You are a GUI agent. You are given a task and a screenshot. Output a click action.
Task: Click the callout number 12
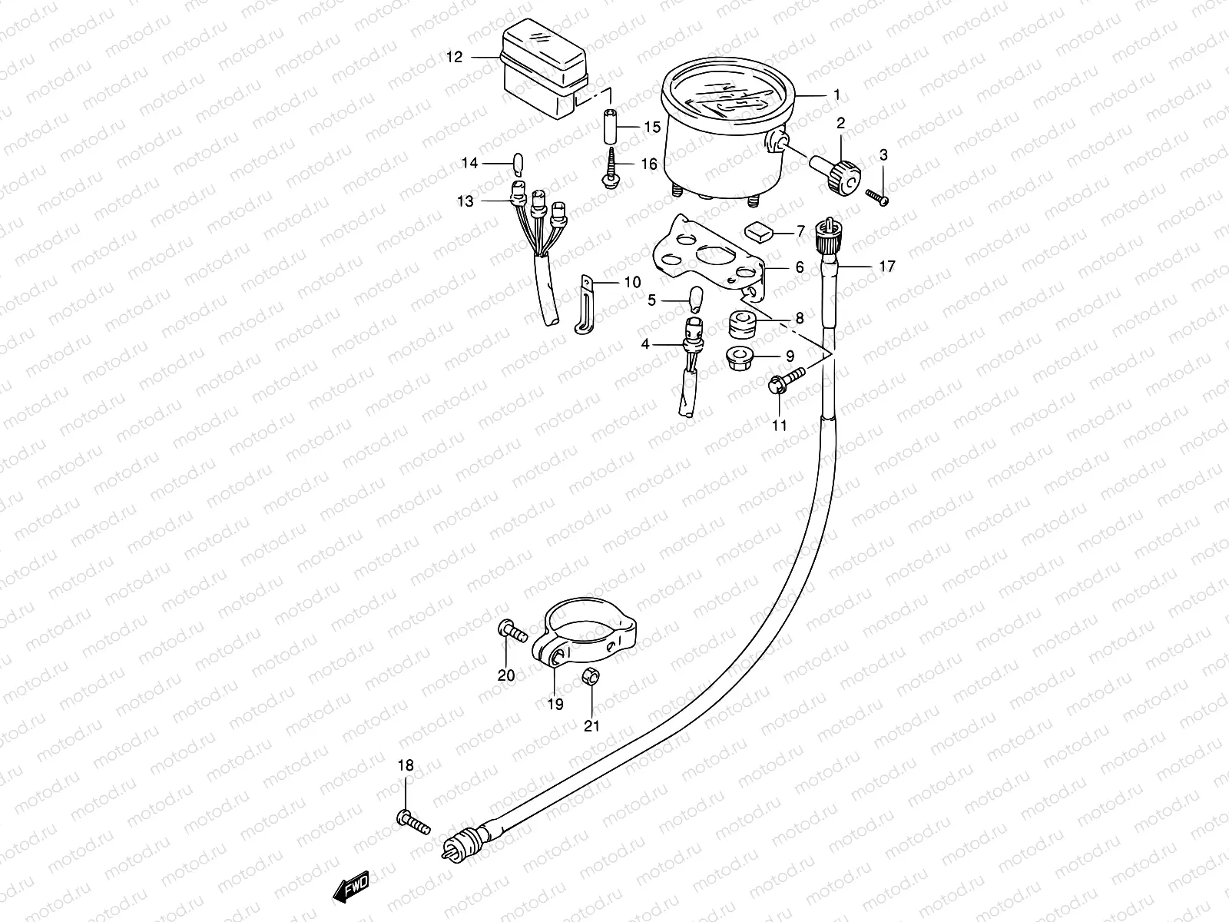(455, 58)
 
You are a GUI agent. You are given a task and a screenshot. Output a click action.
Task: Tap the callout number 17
(887, 267)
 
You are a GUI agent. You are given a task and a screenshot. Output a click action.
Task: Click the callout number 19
(555, 703)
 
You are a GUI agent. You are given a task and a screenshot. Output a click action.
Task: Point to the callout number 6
(800, 267)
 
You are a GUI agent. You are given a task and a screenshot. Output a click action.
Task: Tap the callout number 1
(836, 95)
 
